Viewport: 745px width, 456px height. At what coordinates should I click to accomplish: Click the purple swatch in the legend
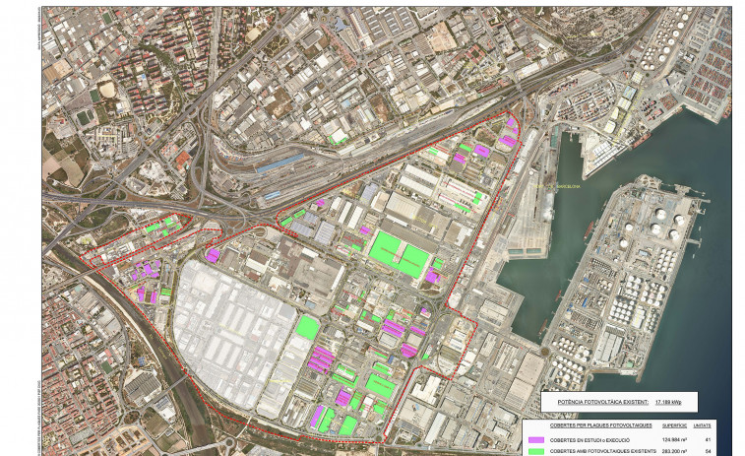[x=535, y=439]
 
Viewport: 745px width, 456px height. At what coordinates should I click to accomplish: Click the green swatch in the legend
[x=535, y=451]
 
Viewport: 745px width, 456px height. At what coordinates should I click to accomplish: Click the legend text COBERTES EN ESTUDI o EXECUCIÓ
[x=590, y=439]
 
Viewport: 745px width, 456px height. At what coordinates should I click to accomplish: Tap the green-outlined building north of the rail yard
[x=339, y=137]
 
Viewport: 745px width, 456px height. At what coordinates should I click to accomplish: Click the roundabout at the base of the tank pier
[x=545, y=351]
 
